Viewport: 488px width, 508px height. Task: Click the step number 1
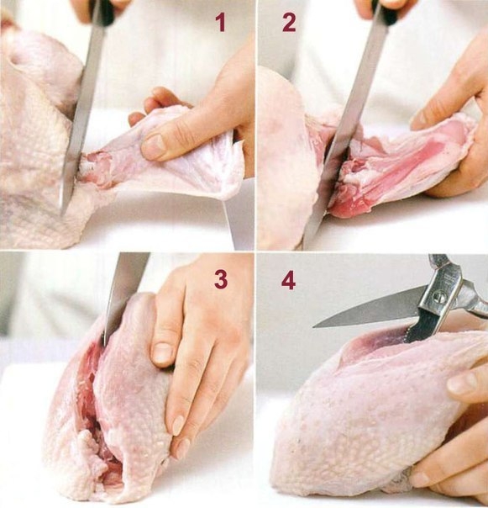click(x=221, y=23)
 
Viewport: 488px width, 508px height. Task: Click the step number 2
click(x=289, y=23)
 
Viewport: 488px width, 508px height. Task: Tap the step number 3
click(x=221, y=279)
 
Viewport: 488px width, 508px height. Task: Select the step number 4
click(x=288, y=281)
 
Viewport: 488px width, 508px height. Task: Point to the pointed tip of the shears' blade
click(x=314, y=327)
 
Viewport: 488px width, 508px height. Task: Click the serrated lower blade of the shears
click(x=421, y=324)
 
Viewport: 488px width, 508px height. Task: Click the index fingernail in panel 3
click(x=162, y=354)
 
